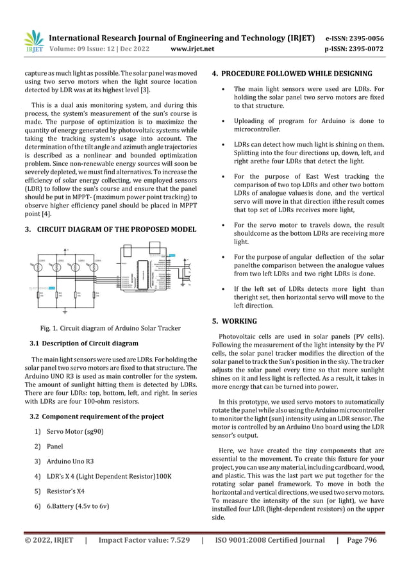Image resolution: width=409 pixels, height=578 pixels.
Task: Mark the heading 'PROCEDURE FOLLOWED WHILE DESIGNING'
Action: pos(297,73)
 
